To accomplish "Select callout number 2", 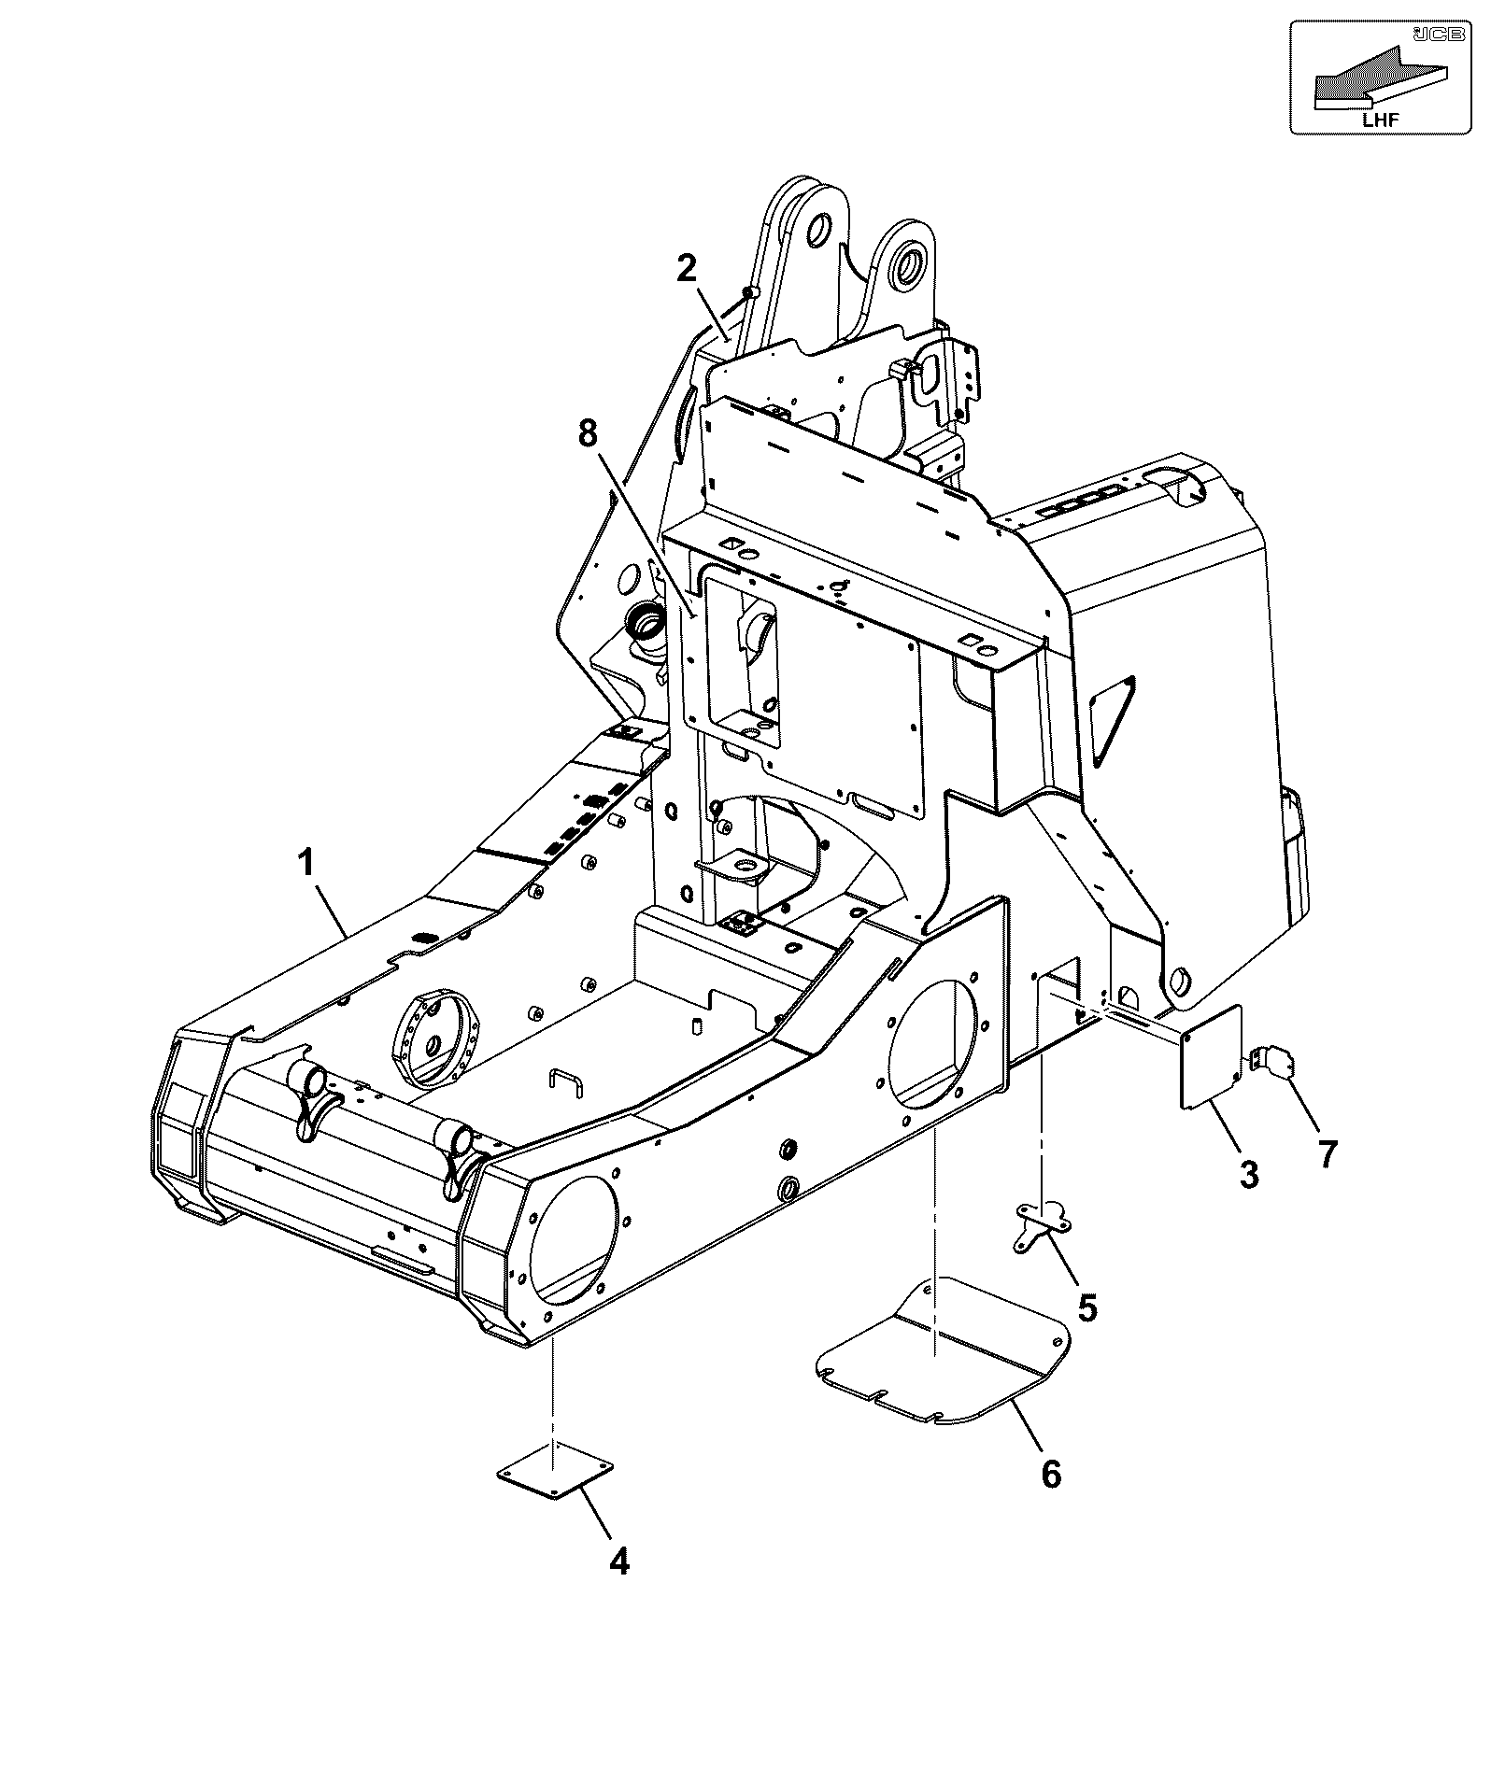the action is [687, 270].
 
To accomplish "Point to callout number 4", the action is [619, 1561].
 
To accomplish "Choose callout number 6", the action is [1052, 1475].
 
